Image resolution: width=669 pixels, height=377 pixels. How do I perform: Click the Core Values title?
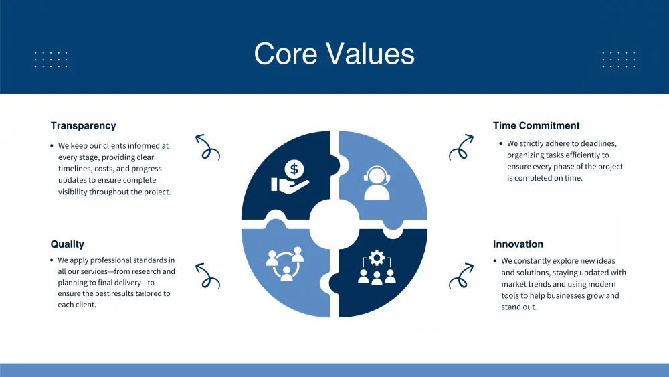tap(334, 54)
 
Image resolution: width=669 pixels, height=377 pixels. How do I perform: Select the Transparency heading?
tap(83, 125)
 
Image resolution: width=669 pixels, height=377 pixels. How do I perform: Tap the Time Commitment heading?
tap(537, 125)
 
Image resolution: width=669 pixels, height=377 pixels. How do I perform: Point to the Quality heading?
tap(68, 244)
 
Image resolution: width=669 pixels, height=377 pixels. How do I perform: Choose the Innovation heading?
tap(518, 244)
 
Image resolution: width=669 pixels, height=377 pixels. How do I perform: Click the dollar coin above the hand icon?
tap(294, 169)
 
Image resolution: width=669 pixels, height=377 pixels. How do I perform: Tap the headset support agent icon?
tap(377, 183)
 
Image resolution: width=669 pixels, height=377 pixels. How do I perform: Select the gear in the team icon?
tap(377, 258)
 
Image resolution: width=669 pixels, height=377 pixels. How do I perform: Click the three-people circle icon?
tap(285, 264)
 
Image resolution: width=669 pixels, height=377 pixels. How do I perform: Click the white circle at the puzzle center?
tap(334, 224)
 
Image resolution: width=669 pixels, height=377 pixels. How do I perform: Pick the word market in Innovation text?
tap(514, 284)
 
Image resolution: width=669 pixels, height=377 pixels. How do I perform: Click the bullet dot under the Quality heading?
tap(52, 260)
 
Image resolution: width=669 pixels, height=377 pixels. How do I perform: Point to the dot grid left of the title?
tap(51, 60)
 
